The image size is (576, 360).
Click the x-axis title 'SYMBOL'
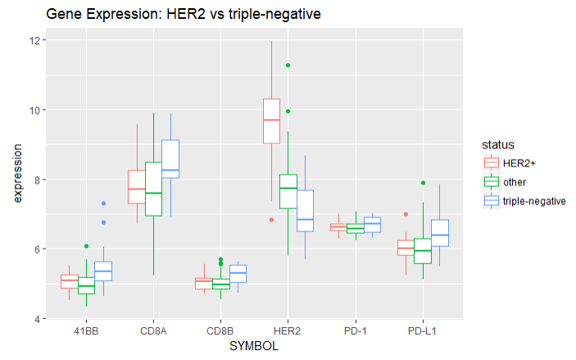[x=255, y=347]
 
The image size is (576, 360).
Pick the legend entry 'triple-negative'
[x=534, y=200]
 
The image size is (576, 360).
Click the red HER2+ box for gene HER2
[x=271, y=121]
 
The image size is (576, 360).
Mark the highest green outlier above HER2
[x=288, y=66]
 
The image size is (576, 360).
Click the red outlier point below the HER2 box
[x=271, y=220]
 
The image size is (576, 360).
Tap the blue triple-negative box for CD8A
[x=170, y=159]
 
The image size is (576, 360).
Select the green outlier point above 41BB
[x=86, y=246]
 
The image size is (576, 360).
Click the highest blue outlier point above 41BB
[x=104, y=203]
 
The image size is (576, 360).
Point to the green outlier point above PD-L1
[x=423, y=183]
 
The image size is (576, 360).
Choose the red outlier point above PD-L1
[x=405, y=214]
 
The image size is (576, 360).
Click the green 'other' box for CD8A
[x=153, y=189]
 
